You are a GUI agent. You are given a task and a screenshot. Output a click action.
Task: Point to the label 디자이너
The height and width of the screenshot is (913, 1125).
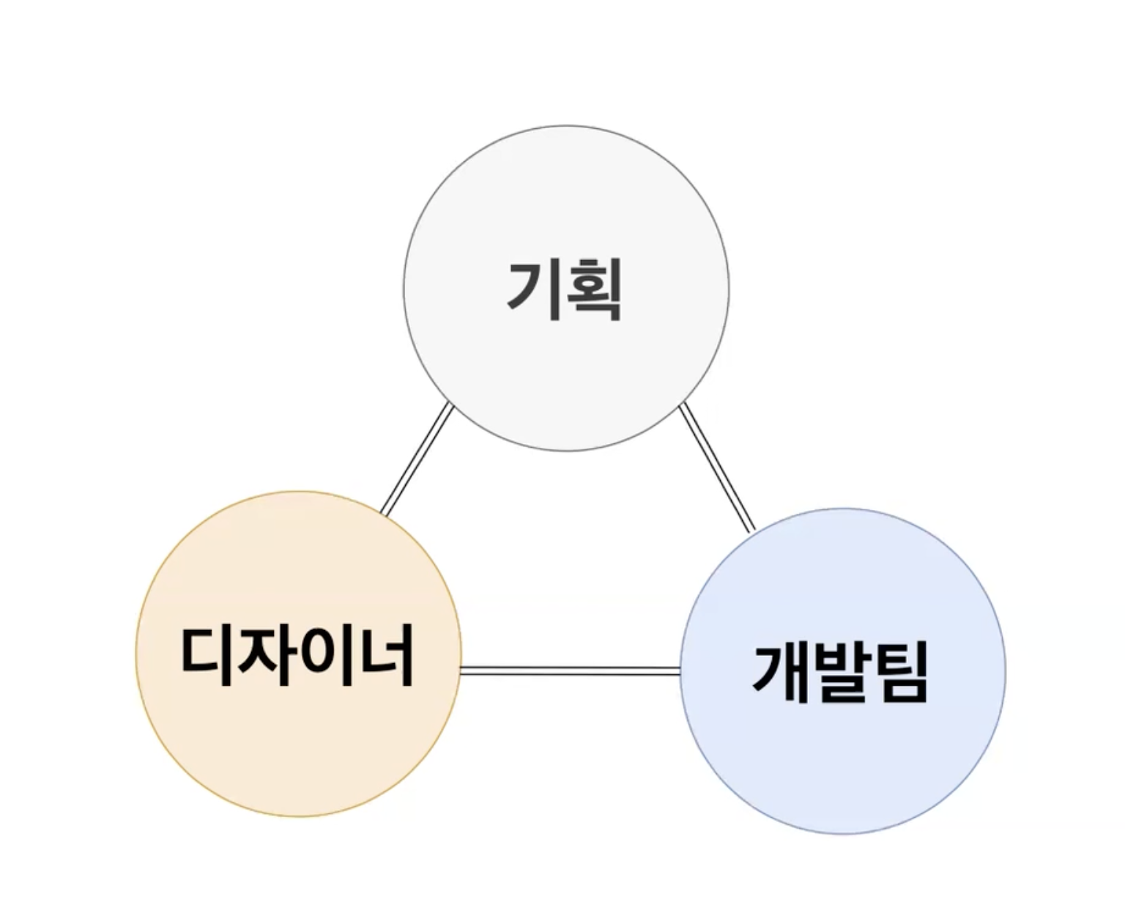pyautogui.click(x=297, y=654)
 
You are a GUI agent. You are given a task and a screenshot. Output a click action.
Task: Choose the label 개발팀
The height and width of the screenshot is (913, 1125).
pyautogui.click(x=841, y=672)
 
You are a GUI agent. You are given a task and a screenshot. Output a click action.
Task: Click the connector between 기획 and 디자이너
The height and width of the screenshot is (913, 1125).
pyautogui.click(x=416, y=459)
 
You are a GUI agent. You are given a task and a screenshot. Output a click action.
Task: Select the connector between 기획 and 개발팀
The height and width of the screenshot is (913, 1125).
pyautogui.click(x=716, y=467)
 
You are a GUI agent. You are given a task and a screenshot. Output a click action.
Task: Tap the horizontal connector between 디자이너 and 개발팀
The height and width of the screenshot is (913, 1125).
pyautogui.click(x=570, y=670)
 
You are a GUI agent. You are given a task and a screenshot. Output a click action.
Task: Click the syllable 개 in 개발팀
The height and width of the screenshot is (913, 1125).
pyautogui.click(x=781, y=672)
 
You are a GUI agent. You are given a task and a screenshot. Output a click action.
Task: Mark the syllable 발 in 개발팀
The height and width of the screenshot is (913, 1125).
pyautogui.click(x=841, y=672)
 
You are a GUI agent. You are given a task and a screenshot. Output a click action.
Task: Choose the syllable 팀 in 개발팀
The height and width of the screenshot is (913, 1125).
pyautogui.click(x=899, y=672)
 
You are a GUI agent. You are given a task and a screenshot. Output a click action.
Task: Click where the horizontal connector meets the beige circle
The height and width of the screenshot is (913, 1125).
pyautogui.click(x=461, y=670)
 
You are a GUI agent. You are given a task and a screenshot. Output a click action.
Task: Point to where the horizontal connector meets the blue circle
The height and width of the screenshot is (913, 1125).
pyautogui.click(x=680, y=670)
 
